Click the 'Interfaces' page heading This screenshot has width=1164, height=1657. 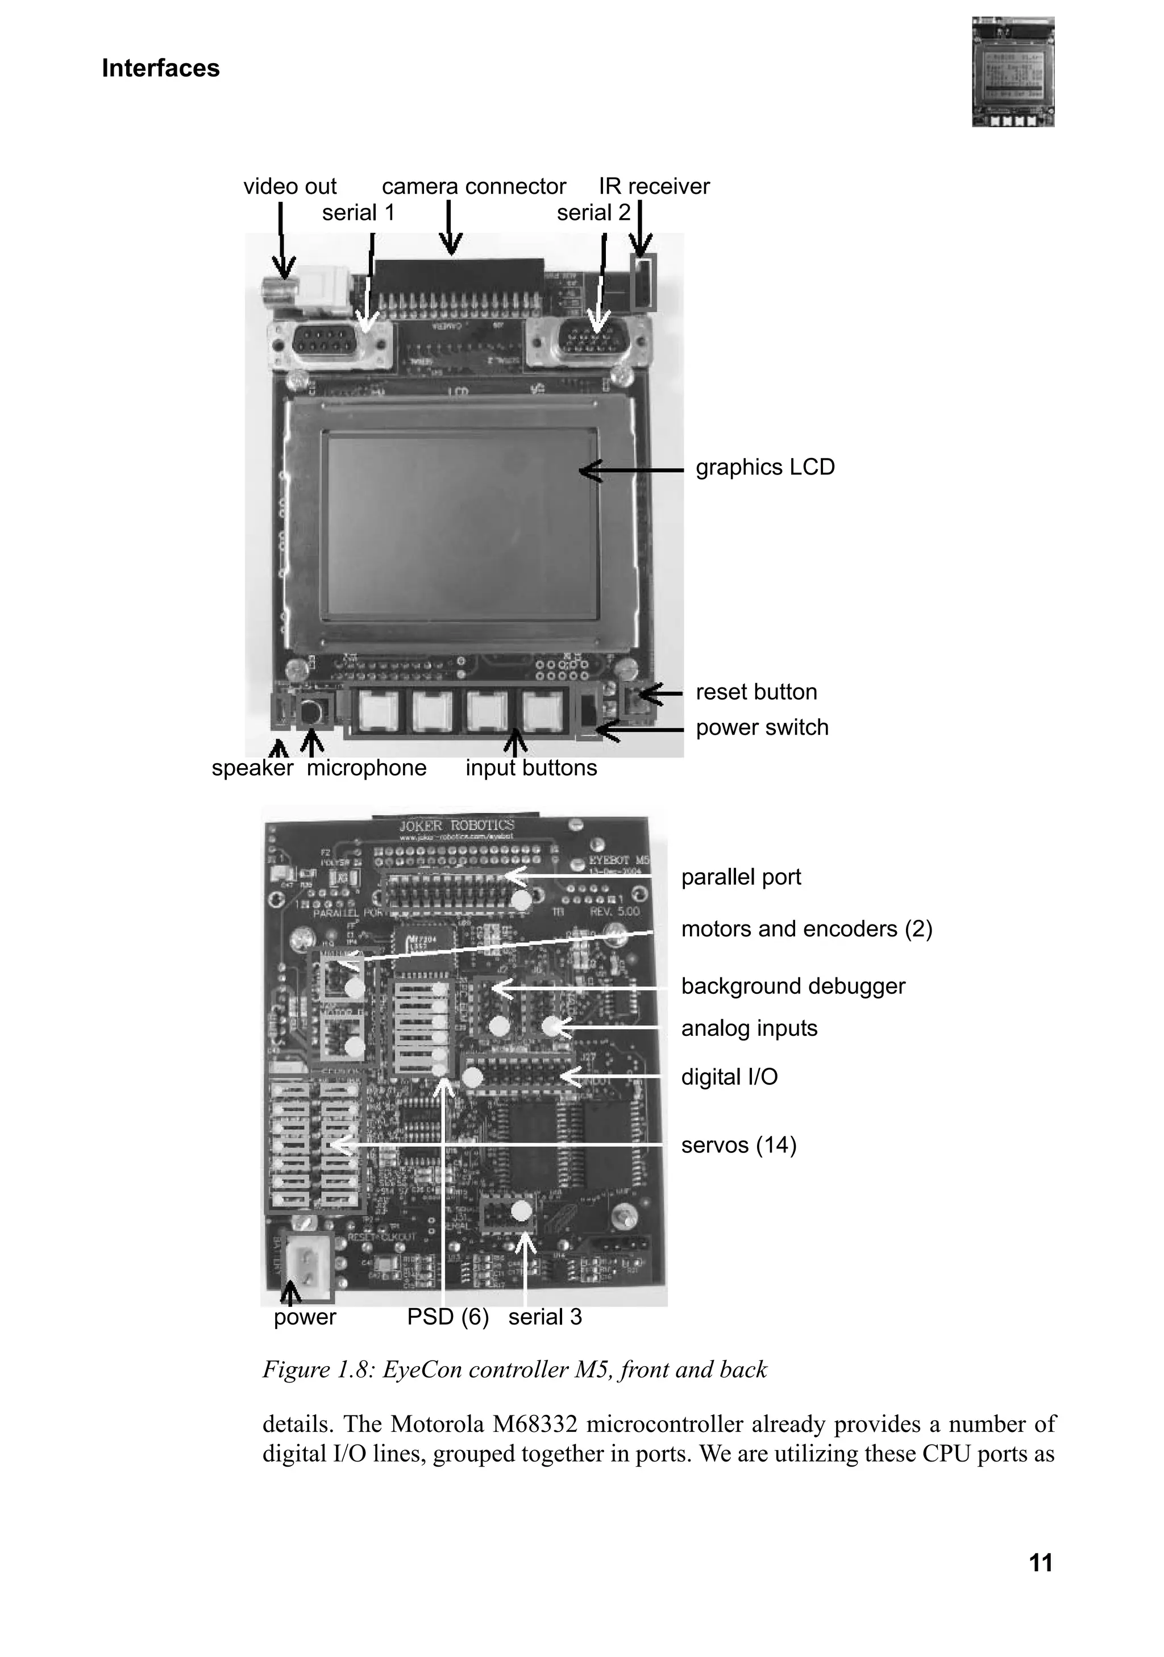click(160, 68)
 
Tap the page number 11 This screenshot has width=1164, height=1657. click(1040, 1563)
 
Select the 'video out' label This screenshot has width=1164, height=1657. click(289, 186)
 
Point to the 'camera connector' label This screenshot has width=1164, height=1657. click(473, 186)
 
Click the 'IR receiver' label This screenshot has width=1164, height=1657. click(654, 186)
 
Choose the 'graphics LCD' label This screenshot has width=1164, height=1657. click(764, 467)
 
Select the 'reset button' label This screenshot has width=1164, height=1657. click(755, 692)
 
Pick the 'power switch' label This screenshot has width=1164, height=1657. click(762, 727)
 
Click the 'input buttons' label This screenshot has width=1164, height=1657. click(530, 767)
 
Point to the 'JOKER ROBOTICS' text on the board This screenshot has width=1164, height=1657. click(457, 826)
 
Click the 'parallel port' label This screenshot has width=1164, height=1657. click(741, 877)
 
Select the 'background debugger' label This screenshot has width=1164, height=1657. click(792, 986)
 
